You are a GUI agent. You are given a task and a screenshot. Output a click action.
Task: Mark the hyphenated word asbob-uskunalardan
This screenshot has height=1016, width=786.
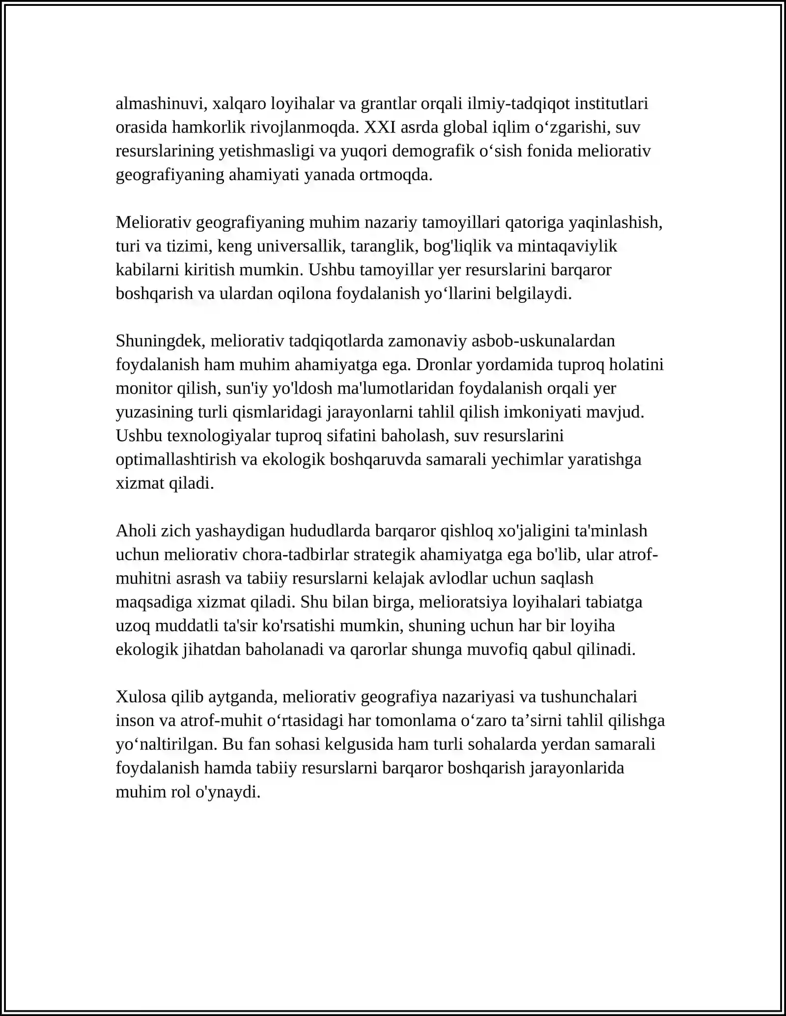point(543,341)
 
